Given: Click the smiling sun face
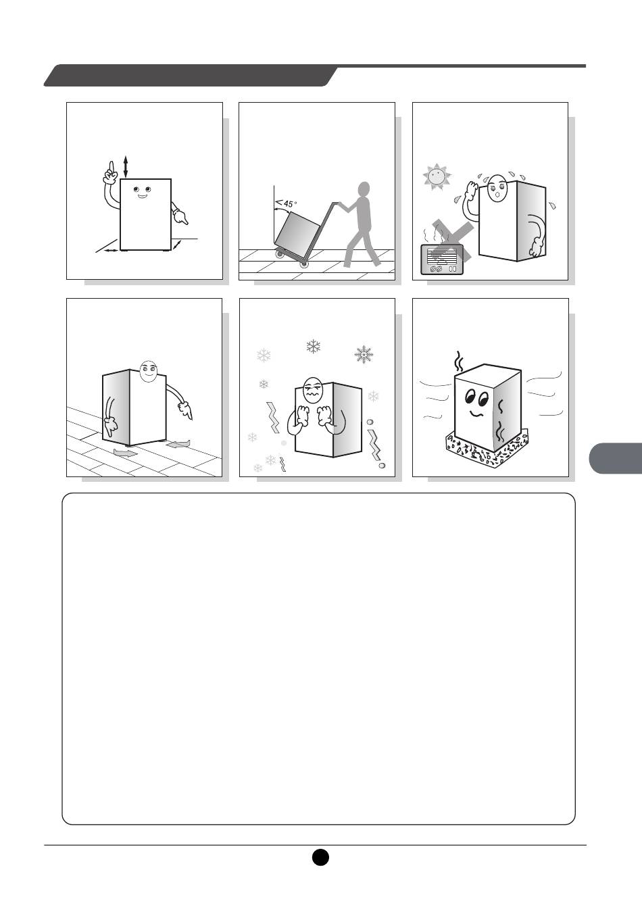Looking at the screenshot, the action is click(x=437, y=177).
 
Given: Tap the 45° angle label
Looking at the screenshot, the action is click(x=287, y=203).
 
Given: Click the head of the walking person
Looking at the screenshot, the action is click(x=364, y=189).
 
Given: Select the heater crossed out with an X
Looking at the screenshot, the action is click(x=442, y=259).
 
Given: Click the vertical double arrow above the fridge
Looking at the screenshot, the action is click(x=126, y=167).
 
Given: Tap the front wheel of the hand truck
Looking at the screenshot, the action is click(x=303, y=264).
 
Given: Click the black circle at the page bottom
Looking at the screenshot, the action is click(x=320, y=858).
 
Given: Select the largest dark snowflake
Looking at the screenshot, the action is click(x=364, y=354).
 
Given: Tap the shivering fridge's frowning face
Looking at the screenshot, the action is click(x=314, y=391).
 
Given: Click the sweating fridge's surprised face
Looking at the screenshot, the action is click(x=497, y=188).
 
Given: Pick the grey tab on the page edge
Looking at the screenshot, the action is click(x=616, y=458).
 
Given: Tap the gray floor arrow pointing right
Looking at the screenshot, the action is click(x=126, y=453).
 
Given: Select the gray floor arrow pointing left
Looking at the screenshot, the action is click(x=178, y=444).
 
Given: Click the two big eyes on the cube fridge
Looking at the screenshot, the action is click(x=477, y=397).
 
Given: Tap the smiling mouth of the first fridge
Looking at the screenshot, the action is click(x=142, y=197).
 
